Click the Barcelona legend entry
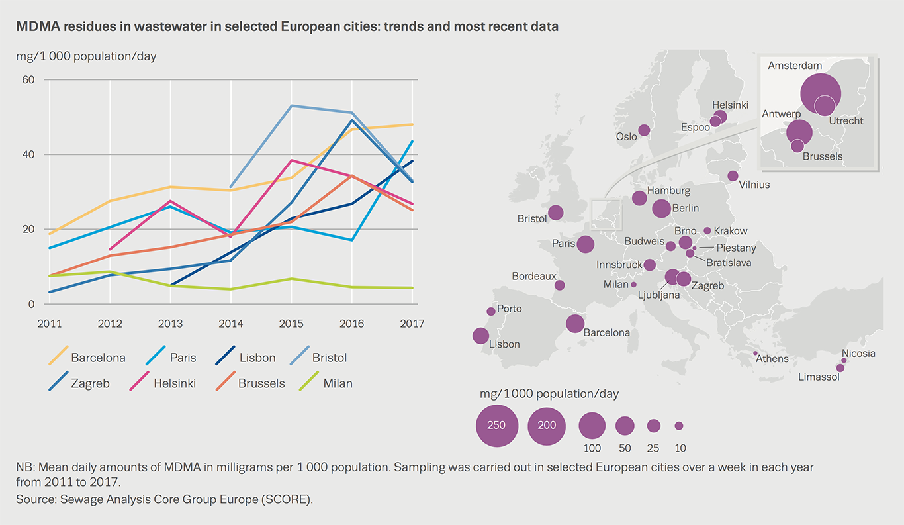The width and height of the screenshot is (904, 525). click(x=98, y=358)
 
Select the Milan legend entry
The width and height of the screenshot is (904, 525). click(x=338, y=383)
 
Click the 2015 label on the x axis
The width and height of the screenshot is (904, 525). click(x=291, y=324)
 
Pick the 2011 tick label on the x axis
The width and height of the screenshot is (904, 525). click(x=50, y=324)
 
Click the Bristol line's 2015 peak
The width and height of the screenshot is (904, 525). click(x=291, y=106)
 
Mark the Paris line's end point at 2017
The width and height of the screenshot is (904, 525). click(x=412, y=141)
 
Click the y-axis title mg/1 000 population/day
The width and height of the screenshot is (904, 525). click(x=86, y=56)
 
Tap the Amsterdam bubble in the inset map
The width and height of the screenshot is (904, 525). click(x=819, y=92)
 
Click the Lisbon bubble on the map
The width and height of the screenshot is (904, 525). click(x=480, y=336)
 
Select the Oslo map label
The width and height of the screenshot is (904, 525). click(x=626, y=137)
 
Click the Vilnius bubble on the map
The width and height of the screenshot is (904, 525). click(x=733, y=176)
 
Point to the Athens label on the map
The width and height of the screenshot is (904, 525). click(x=772, y=359)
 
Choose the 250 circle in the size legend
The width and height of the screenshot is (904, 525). click(x=496, y=425)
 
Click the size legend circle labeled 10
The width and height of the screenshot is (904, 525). click(x=679, y=426)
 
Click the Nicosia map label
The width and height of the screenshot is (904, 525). click(x=858, y=353)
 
